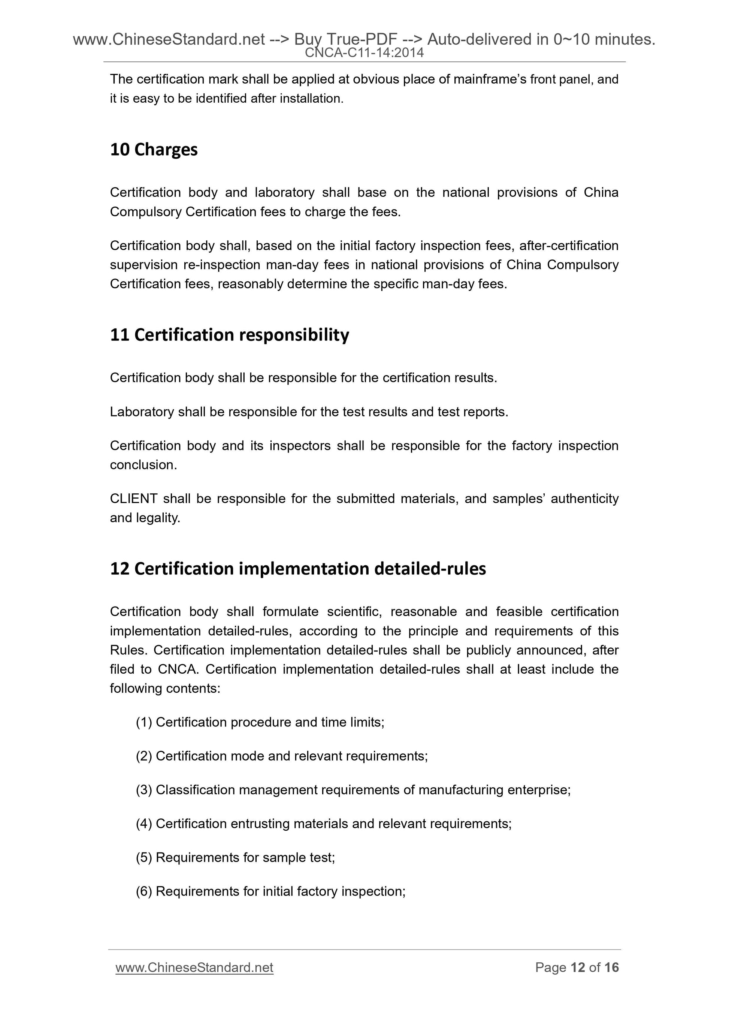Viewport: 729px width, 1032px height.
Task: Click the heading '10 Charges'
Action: point(154,150)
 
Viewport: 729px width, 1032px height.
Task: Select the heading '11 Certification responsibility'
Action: point(230,335)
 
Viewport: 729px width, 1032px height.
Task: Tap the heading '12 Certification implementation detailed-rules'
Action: point(298,569)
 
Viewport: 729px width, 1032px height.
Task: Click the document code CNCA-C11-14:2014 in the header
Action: point(364,53)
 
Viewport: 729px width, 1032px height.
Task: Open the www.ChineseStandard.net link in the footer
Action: point(194,967)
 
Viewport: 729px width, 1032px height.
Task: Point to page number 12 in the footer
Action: point(578,967)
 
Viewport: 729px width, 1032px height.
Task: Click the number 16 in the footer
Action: point(611,967)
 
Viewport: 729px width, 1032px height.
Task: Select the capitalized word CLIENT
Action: point(133,499)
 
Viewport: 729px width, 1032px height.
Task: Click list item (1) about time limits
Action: point(260,722)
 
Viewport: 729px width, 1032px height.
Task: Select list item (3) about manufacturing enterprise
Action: point(353,790)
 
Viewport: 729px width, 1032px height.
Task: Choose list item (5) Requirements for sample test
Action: point(235,858)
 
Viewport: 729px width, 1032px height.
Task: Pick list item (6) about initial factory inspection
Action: point(271,891)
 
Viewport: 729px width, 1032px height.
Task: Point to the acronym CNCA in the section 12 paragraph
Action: point(178,669)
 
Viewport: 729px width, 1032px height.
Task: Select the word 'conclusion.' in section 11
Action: point(144,465)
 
